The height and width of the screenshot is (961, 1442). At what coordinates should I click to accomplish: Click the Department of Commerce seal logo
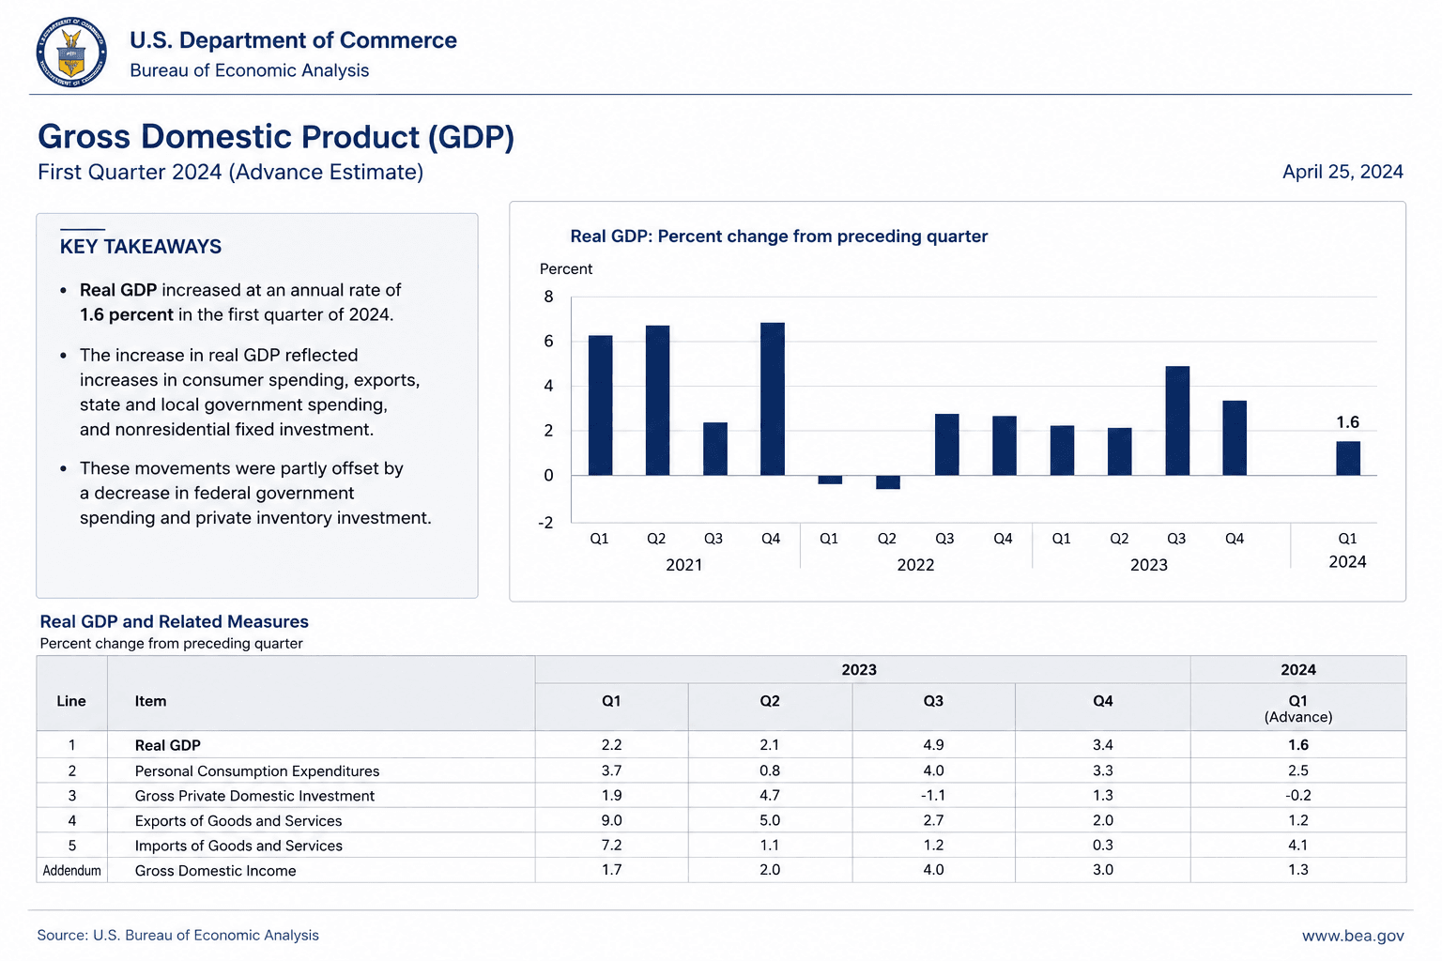(x=71, y=53)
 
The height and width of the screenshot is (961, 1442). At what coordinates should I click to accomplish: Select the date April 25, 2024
(x=1342, y=172)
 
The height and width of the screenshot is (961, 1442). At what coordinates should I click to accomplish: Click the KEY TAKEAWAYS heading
(x=140, y=247)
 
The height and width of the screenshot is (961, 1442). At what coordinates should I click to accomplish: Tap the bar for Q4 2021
(x=772, y=399)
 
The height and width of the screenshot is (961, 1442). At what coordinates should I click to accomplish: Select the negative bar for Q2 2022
(x=888, y=482)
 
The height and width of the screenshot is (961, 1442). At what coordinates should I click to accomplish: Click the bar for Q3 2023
(x=1176, y=421)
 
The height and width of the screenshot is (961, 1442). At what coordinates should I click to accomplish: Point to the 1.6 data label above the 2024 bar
(x=1347, y=422)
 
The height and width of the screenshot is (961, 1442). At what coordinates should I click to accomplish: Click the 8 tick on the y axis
(x=548, y=297)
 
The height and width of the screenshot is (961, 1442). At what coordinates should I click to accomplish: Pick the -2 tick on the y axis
(x=545, y=523)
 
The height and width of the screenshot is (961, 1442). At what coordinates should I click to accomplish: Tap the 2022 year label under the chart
(x=915, y=565)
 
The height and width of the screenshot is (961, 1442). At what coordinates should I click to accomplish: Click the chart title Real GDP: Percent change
(x=779, y=236)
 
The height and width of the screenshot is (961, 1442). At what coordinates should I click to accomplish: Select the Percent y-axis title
(x=566, y=269)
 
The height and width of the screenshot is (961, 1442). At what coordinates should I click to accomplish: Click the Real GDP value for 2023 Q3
(x=933, y=745)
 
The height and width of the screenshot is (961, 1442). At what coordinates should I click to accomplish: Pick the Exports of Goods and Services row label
(x=238, y=820)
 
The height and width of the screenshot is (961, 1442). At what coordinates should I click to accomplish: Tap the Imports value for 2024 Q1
(x=1297, y=846)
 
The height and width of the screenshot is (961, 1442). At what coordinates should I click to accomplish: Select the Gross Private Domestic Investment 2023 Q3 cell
(x=933, y=795)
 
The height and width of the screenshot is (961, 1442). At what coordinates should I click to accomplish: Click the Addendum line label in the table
(x=71, y=870)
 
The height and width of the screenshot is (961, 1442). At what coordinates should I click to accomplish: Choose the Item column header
(x=150, y=701)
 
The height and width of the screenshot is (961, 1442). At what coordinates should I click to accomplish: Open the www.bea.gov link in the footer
(x=1353, y=936)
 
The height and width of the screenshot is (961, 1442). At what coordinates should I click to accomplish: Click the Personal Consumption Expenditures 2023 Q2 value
(x=769, y=770)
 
